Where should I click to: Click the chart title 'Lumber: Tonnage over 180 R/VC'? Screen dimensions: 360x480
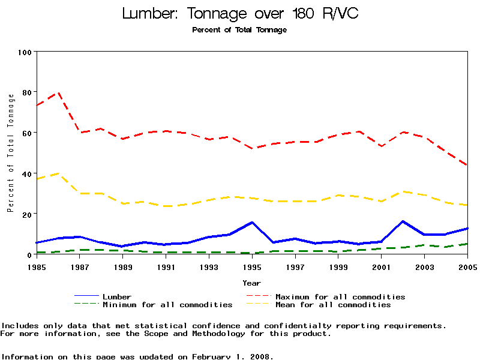pyautogui.click(x=240, y=13)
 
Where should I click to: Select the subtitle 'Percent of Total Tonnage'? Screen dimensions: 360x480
pyautogui.click(x=239, y=30)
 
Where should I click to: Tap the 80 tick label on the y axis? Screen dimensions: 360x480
pyautogui.click(x=26, y=92)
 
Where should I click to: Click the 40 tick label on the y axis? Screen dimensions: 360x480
pyautogui.click(x=26, y=173)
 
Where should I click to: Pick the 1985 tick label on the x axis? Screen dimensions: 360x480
pyautogui.click(x=37, y=266)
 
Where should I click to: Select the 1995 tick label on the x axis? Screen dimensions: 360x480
pyautogui.click(x=252, y=266)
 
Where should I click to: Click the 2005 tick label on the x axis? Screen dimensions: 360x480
pyautogui.click(x=467, y=266)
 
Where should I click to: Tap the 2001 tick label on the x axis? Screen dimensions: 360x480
pyautogui.click(x=382, y=266)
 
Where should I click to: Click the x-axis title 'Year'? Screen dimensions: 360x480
pyautogui.click(x=251, y=283)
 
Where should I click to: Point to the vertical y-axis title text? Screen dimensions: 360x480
pyautogui.click(x=10, y=153)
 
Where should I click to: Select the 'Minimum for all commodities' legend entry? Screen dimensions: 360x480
pyautogui.click(x=167, y=305)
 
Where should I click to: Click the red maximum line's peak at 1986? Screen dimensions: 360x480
pyautogui.click(x=58, y=93)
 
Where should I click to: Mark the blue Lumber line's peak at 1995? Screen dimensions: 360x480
pyautogui.click(x=252, y=222)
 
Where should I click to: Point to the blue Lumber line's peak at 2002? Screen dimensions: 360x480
pyautogui.click(x=403, y=221)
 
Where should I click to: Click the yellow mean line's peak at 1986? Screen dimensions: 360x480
pyautogui.click(x=58, y=173)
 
